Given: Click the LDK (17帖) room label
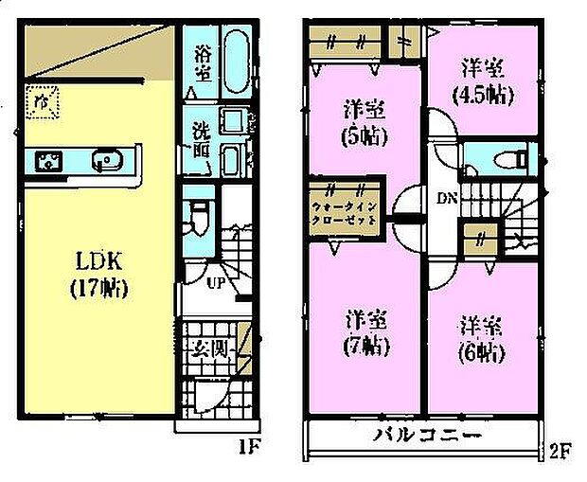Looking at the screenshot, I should pyautogui.click(x=98, y=274).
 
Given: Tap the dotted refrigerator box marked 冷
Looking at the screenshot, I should pyautogui.click(x=42, y=101).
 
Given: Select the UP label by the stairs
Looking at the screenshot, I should pyautogui.click(x=215, y=280).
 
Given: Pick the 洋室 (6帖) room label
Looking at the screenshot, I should pyautogui.click(x=483, y=339).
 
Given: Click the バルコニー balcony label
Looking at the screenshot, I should pyautogui.click(x=418, y=437).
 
